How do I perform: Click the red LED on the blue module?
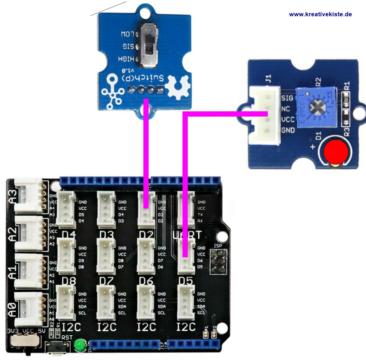336,152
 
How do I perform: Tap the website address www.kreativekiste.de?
320,14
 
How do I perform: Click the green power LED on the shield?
79,345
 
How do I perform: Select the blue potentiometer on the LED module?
314,106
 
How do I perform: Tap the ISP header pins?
218,261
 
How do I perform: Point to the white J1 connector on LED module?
264,115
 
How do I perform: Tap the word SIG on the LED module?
287,98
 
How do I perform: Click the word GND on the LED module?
288,130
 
